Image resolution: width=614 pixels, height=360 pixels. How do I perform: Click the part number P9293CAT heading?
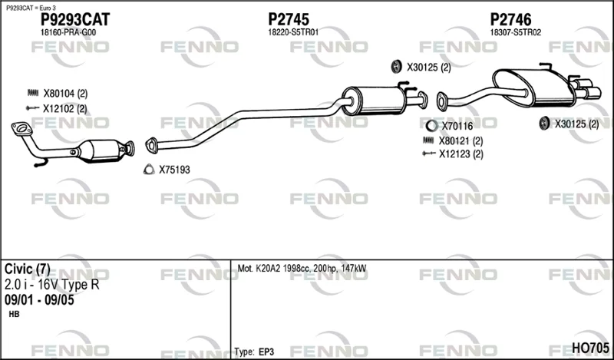click(75, 19)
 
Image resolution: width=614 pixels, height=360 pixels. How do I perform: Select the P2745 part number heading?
click(289, 19)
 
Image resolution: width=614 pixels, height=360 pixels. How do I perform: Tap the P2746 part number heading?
click(511, 19)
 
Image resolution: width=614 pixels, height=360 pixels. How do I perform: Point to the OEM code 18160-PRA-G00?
click(68, 33)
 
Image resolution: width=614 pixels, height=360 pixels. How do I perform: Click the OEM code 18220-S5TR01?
click(293, 32)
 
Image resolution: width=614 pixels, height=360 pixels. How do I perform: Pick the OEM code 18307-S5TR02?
click(516, 32)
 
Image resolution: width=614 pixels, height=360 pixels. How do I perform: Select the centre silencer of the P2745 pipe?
click(373, 101)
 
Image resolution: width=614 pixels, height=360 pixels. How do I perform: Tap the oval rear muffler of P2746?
click(533, 88)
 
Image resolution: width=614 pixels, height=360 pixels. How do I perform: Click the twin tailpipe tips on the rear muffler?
click(586, 88)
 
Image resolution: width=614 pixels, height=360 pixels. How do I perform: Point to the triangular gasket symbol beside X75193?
click(149, 169)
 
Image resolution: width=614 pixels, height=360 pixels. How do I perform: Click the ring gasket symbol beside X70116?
click(431, 126)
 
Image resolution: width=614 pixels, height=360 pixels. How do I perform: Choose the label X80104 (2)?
click(65, 94)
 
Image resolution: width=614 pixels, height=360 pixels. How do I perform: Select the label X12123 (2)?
click(461, 154)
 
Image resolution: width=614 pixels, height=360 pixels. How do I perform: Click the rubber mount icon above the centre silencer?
click(397, 67)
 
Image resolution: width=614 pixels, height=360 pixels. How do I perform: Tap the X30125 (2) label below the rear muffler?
click(576, 124)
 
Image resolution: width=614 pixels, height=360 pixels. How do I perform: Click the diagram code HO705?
click(590, 348)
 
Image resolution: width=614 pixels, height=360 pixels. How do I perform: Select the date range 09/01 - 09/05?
click(39, 300)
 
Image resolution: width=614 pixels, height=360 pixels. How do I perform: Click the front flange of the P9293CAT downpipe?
click(22, 128)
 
